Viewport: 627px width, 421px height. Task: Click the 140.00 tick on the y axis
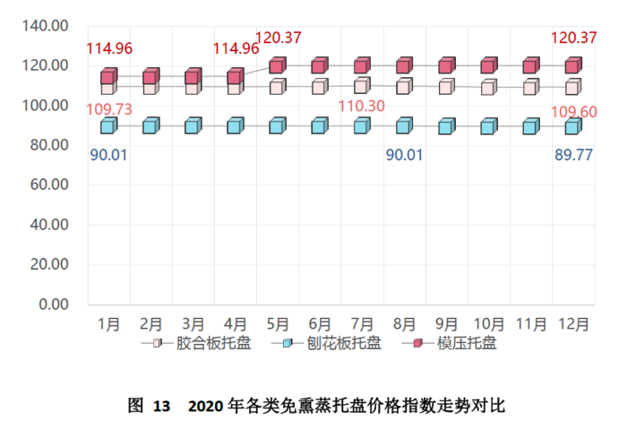pos(48,26)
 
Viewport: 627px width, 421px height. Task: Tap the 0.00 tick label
pos(56,305)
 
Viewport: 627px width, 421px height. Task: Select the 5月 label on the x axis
pos(278,322)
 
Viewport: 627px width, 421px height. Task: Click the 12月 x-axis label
pos(573,322)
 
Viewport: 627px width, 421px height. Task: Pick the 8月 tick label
pos(404,322)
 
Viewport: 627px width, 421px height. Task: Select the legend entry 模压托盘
pos(466,343)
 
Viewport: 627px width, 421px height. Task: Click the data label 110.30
pos(363,107)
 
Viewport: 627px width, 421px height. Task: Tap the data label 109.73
pos(109,108)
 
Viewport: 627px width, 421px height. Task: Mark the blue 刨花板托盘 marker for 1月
pos(108,126)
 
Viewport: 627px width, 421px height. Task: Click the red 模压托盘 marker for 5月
pos(278,65)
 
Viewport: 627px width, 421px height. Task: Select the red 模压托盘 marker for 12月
pos(572,65)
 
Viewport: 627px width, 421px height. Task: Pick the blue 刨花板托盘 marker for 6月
pos(320,126)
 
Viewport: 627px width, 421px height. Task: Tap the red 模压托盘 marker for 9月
pos(446,65)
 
